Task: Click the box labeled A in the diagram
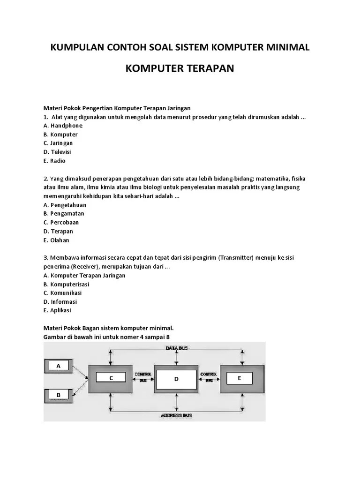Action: (x=59, y=366)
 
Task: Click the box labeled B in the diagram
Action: (x=59, y=395)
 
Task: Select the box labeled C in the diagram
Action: (x=111, y=378)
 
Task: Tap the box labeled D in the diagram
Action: (x=177, y=379)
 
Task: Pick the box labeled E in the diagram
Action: (x=239, y=377)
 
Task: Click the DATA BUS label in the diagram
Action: (x=177, y=348)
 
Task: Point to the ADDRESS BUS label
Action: (x=176, y=415)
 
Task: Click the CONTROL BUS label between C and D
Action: (x=142, y=377)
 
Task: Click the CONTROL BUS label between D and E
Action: (x=208, y=377)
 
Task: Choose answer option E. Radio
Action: (x=54, y=161)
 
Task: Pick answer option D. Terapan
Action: (x=58, y=232)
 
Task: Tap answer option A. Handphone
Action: (x=63, y=126)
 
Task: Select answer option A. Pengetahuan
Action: (x=65, y=205)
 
